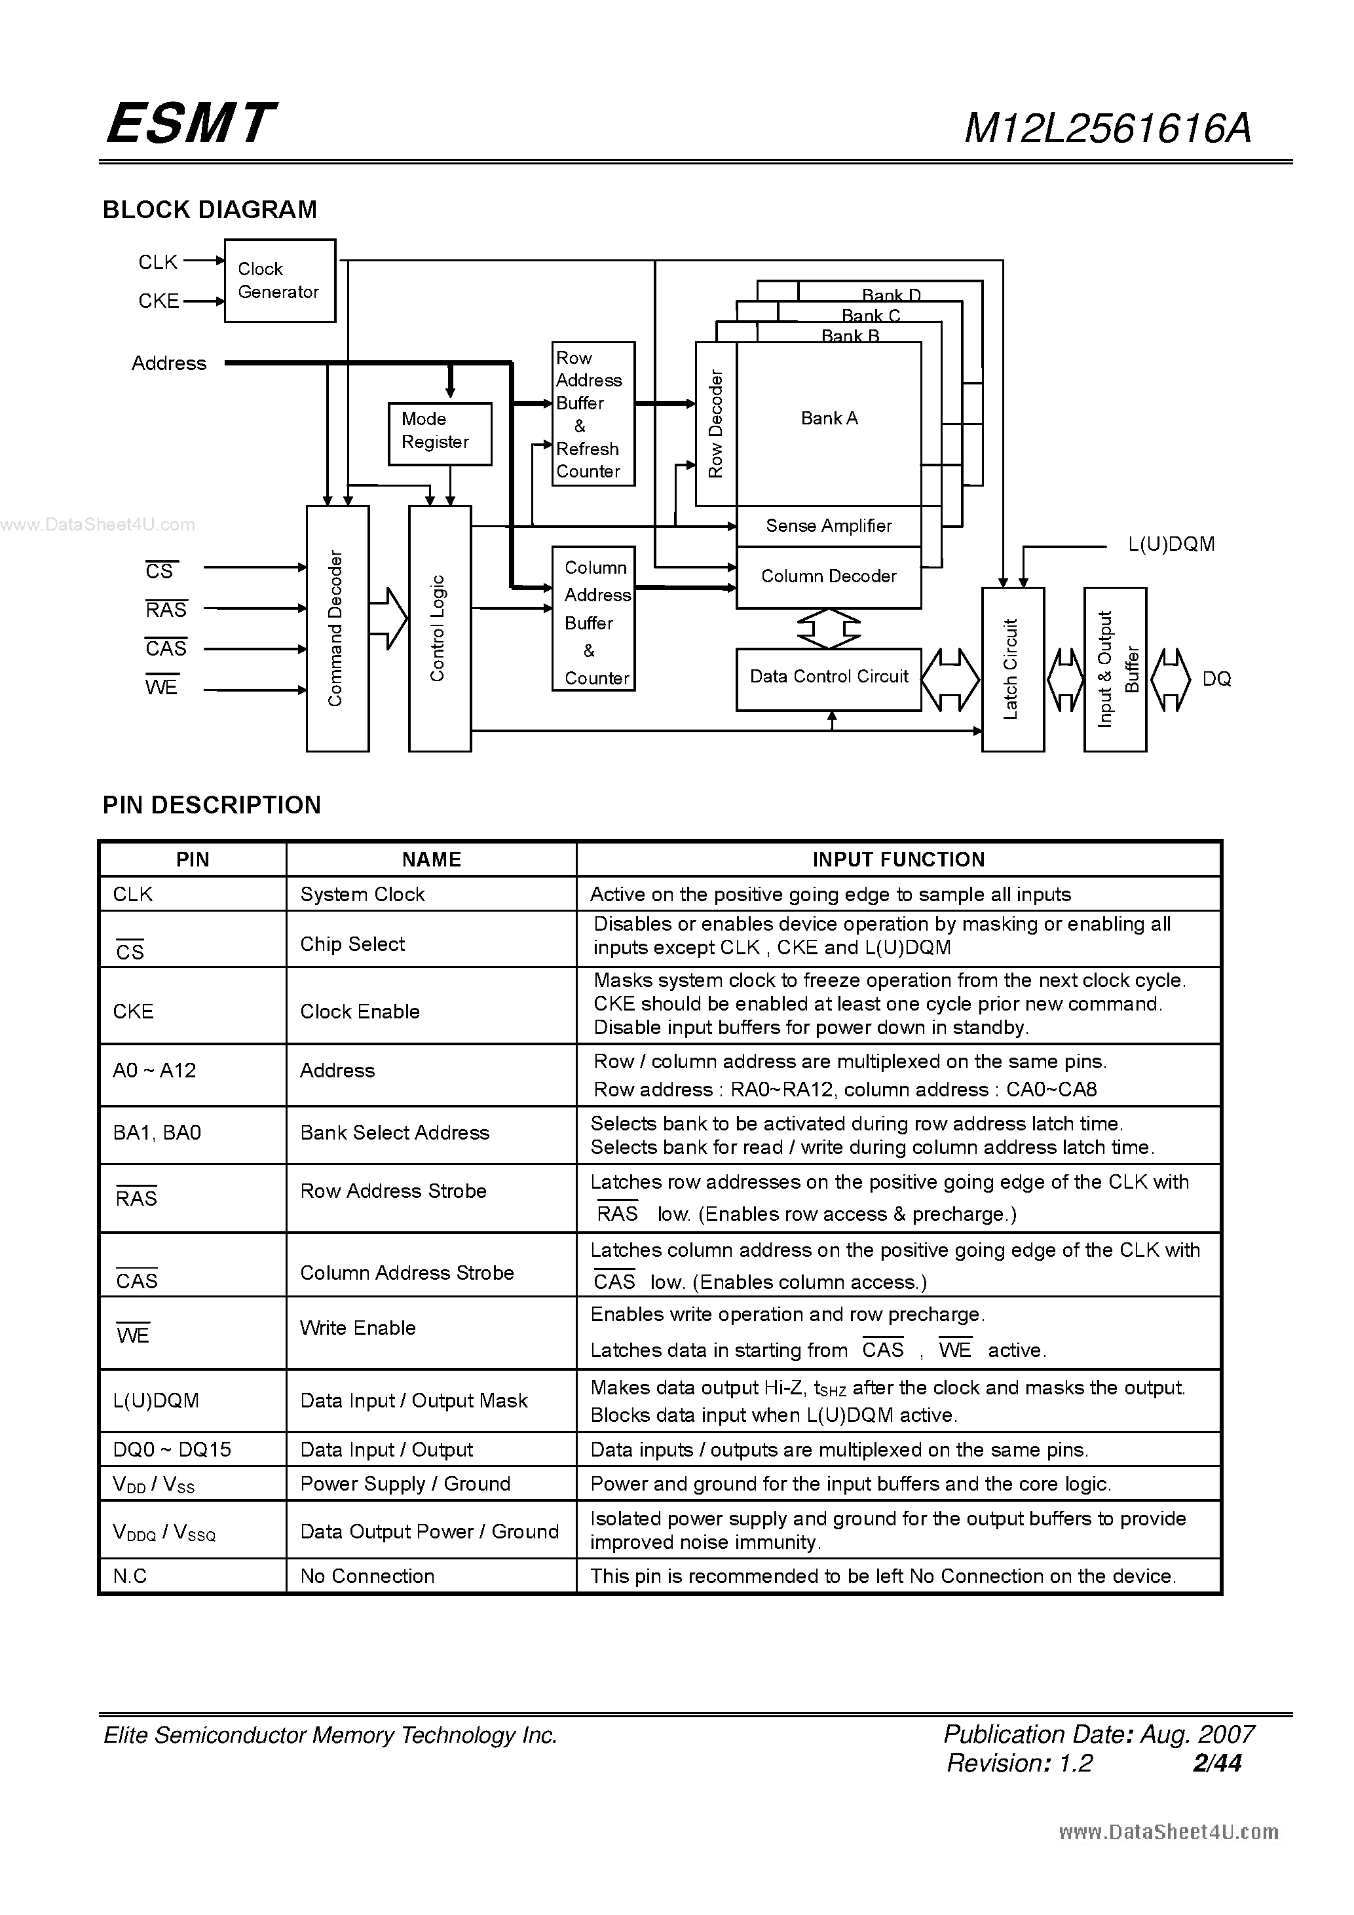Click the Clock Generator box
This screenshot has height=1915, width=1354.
280,281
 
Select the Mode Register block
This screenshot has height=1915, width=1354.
440,434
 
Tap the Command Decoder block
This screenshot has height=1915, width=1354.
337,628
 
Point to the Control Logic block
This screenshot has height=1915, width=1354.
439,628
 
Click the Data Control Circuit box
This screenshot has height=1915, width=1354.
829,678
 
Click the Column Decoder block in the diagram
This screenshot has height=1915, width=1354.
829,577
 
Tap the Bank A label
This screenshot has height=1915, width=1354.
829,418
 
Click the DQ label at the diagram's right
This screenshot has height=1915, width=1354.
1216,680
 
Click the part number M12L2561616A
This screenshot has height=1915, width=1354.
1107,129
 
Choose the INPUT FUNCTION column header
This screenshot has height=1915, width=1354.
899,860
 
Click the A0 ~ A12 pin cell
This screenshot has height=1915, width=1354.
155,1071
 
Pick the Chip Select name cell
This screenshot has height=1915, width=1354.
352,944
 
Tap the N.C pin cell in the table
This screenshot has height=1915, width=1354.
130,1576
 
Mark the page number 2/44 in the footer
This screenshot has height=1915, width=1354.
1217,1762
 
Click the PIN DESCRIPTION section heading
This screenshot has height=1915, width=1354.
212,805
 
